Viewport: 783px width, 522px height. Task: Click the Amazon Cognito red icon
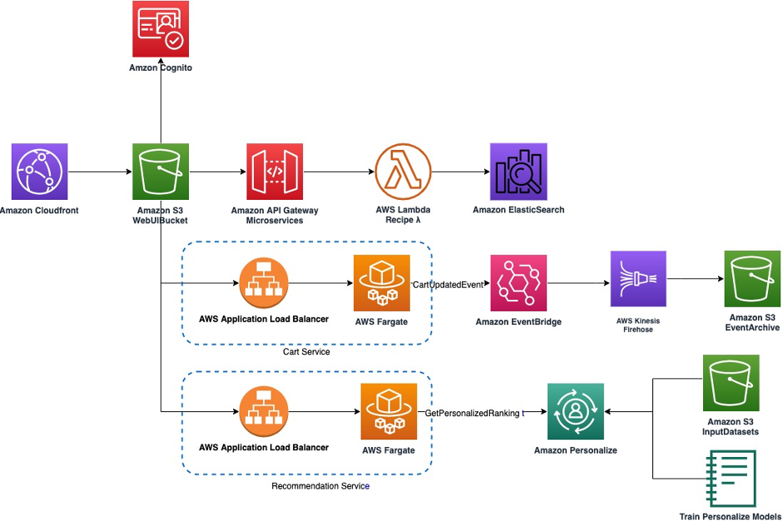tap(161, 29)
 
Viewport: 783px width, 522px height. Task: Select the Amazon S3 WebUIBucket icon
tap(161, 172)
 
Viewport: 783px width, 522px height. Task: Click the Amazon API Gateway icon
tap(275, 172)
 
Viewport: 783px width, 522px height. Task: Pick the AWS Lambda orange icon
tap(403, 172)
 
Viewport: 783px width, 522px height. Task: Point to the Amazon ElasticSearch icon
tap(518, 172)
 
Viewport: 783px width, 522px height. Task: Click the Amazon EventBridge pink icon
tap(518, 283)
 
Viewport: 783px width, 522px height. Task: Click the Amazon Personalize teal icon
tap(576, 411)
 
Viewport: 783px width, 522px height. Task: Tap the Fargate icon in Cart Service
tap(381, 283)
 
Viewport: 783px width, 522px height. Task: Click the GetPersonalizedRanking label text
tap(473, 413)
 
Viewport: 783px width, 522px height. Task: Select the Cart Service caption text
tap(306, 352)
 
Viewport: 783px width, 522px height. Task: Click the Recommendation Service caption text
tap(320, 485)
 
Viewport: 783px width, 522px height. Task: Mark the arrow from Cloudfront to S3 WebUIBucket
tap(100, 172)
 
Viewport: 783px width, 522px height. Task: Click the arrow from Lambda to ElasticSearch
tap(459, 172)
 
